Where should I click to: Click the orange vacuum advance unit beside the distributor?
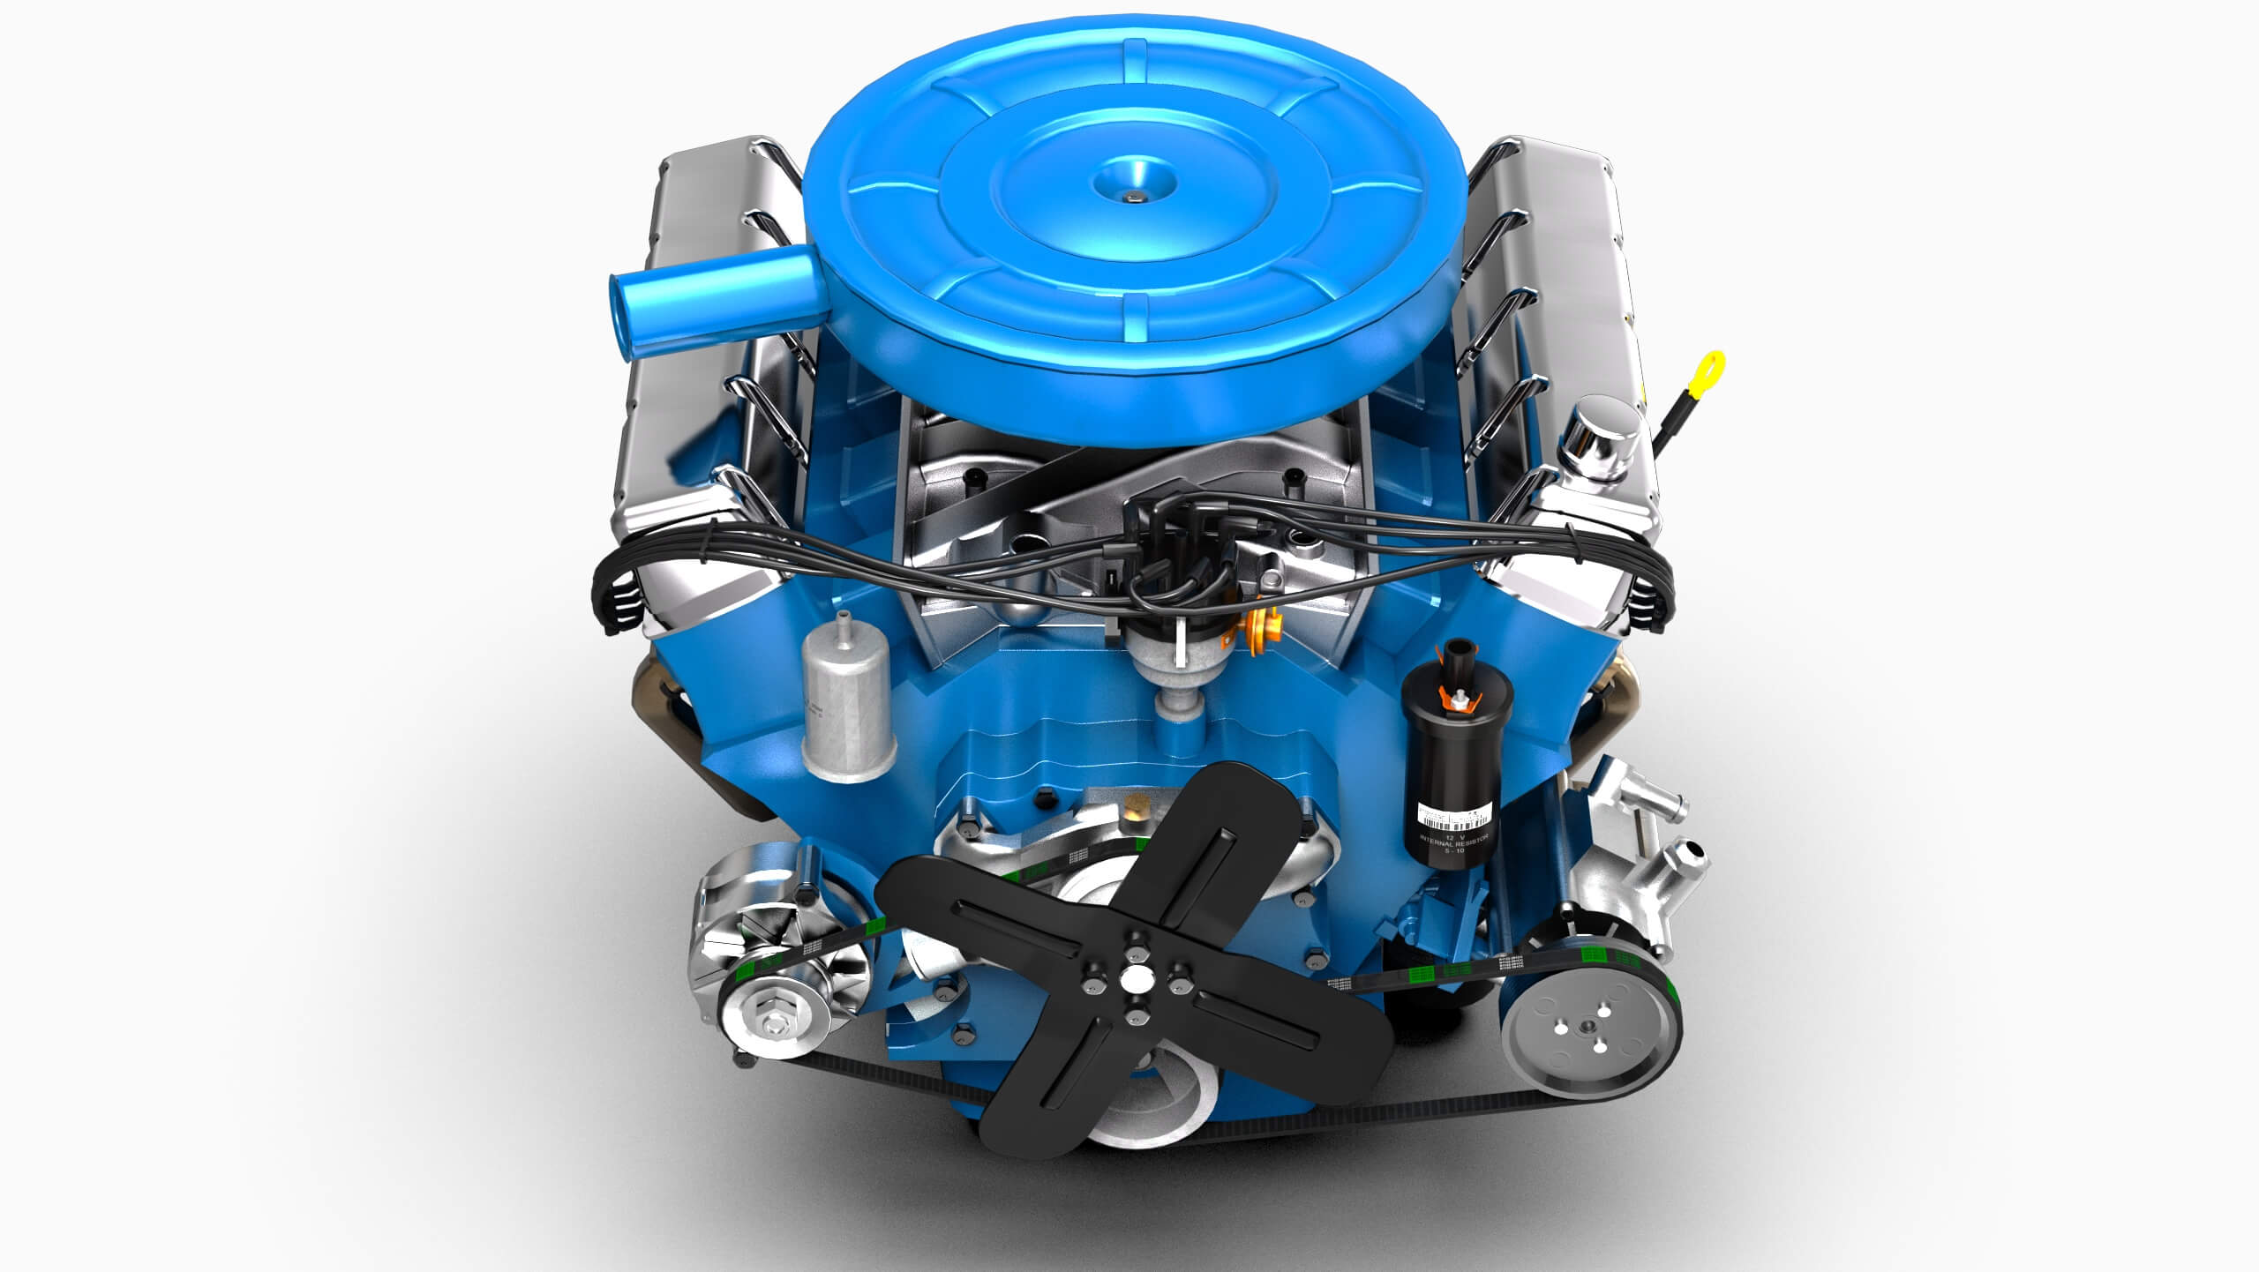point(1262,633)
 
